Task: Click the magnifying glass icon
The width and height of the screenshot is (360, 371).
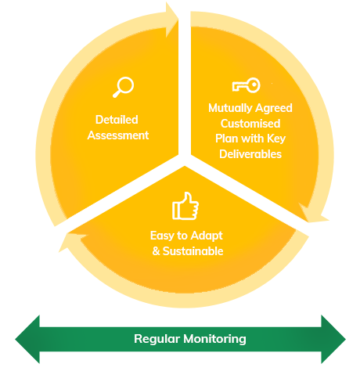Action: [123, 87]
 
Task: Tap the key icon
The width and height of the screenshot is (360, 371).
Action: [246, 85]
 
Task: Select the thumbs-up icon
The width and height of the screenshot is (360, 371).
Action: [185, 206]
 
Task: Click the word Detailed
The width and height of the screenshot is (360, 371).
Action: [117, 120]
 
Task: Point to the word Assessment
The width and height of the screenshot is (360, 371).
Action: [118, 135]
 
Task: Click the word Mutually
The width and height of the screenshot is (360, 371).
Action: [230, 108]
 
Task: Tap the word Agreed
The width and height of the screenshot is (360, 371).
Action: [273, 108]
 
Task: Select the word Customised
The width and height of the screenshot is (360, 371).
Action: [250, 124]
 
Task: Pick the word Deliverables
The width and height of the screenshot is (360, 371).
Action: [250, 154]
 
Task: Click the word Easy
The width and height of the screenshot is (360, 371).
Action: [162, 236]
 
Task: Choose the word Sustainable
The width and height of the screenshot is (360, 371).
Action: [193, 251]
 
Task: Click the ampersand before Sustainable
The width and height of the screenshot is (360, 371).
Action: [156, 251]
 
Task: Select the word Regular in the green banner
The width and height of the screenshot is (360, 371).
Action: [157, 339]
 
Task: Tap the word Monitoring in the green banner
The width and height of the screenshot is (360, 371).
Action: [214, 339]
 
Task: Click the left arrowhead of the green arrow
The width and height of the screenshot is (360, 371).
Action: [27, 339]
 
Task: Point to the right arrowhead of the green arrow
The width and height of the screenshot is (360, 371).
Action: [333, 339]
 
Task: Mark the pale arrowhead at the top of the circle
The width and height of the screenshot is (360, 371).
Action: [171, 20]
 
